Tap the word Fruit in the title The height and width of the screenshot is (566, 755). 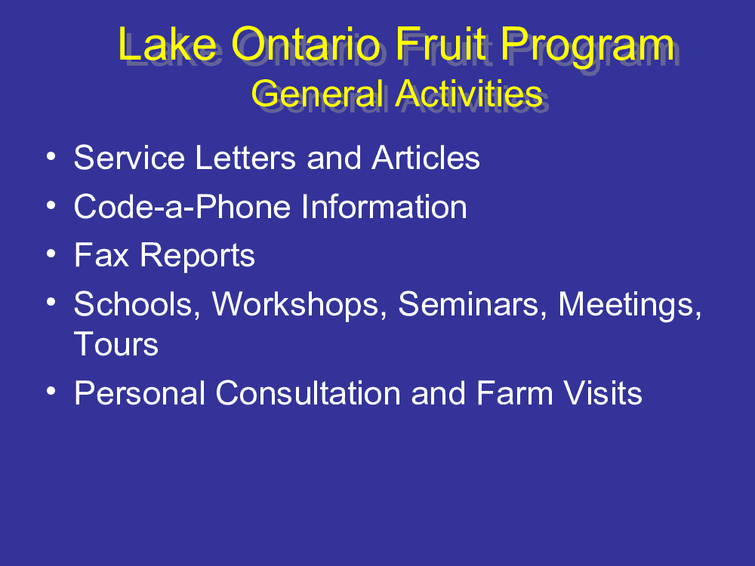tap(441, 45)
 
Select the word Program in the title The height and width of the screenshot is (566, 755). tap(587, 47)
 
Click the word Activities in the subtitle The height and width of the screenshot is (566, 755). tap(469, 94)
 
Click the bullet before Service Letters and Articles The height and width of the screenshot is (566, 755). tap(51, 156)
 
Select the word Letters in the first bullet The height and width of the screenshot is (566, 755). tap(245, 158)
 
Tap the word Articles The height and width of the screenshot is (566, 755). tap(426, 158)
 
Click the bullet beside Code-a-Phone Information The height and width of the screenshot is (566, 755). tap(51, 205)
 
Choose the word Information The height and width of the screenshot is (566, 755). tap(384, 207)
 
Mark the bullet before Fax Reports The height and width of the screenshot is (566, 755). tap(51, 253)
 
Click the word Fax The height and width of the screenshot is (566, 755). tap(101, 254)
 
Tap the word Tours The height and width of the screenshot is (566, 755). tap(116, 344)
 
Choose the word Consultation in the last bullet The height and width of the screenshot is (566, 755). tap(308, 392)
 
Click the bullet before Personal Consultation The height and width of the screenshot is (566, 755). tap(51, 391)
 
